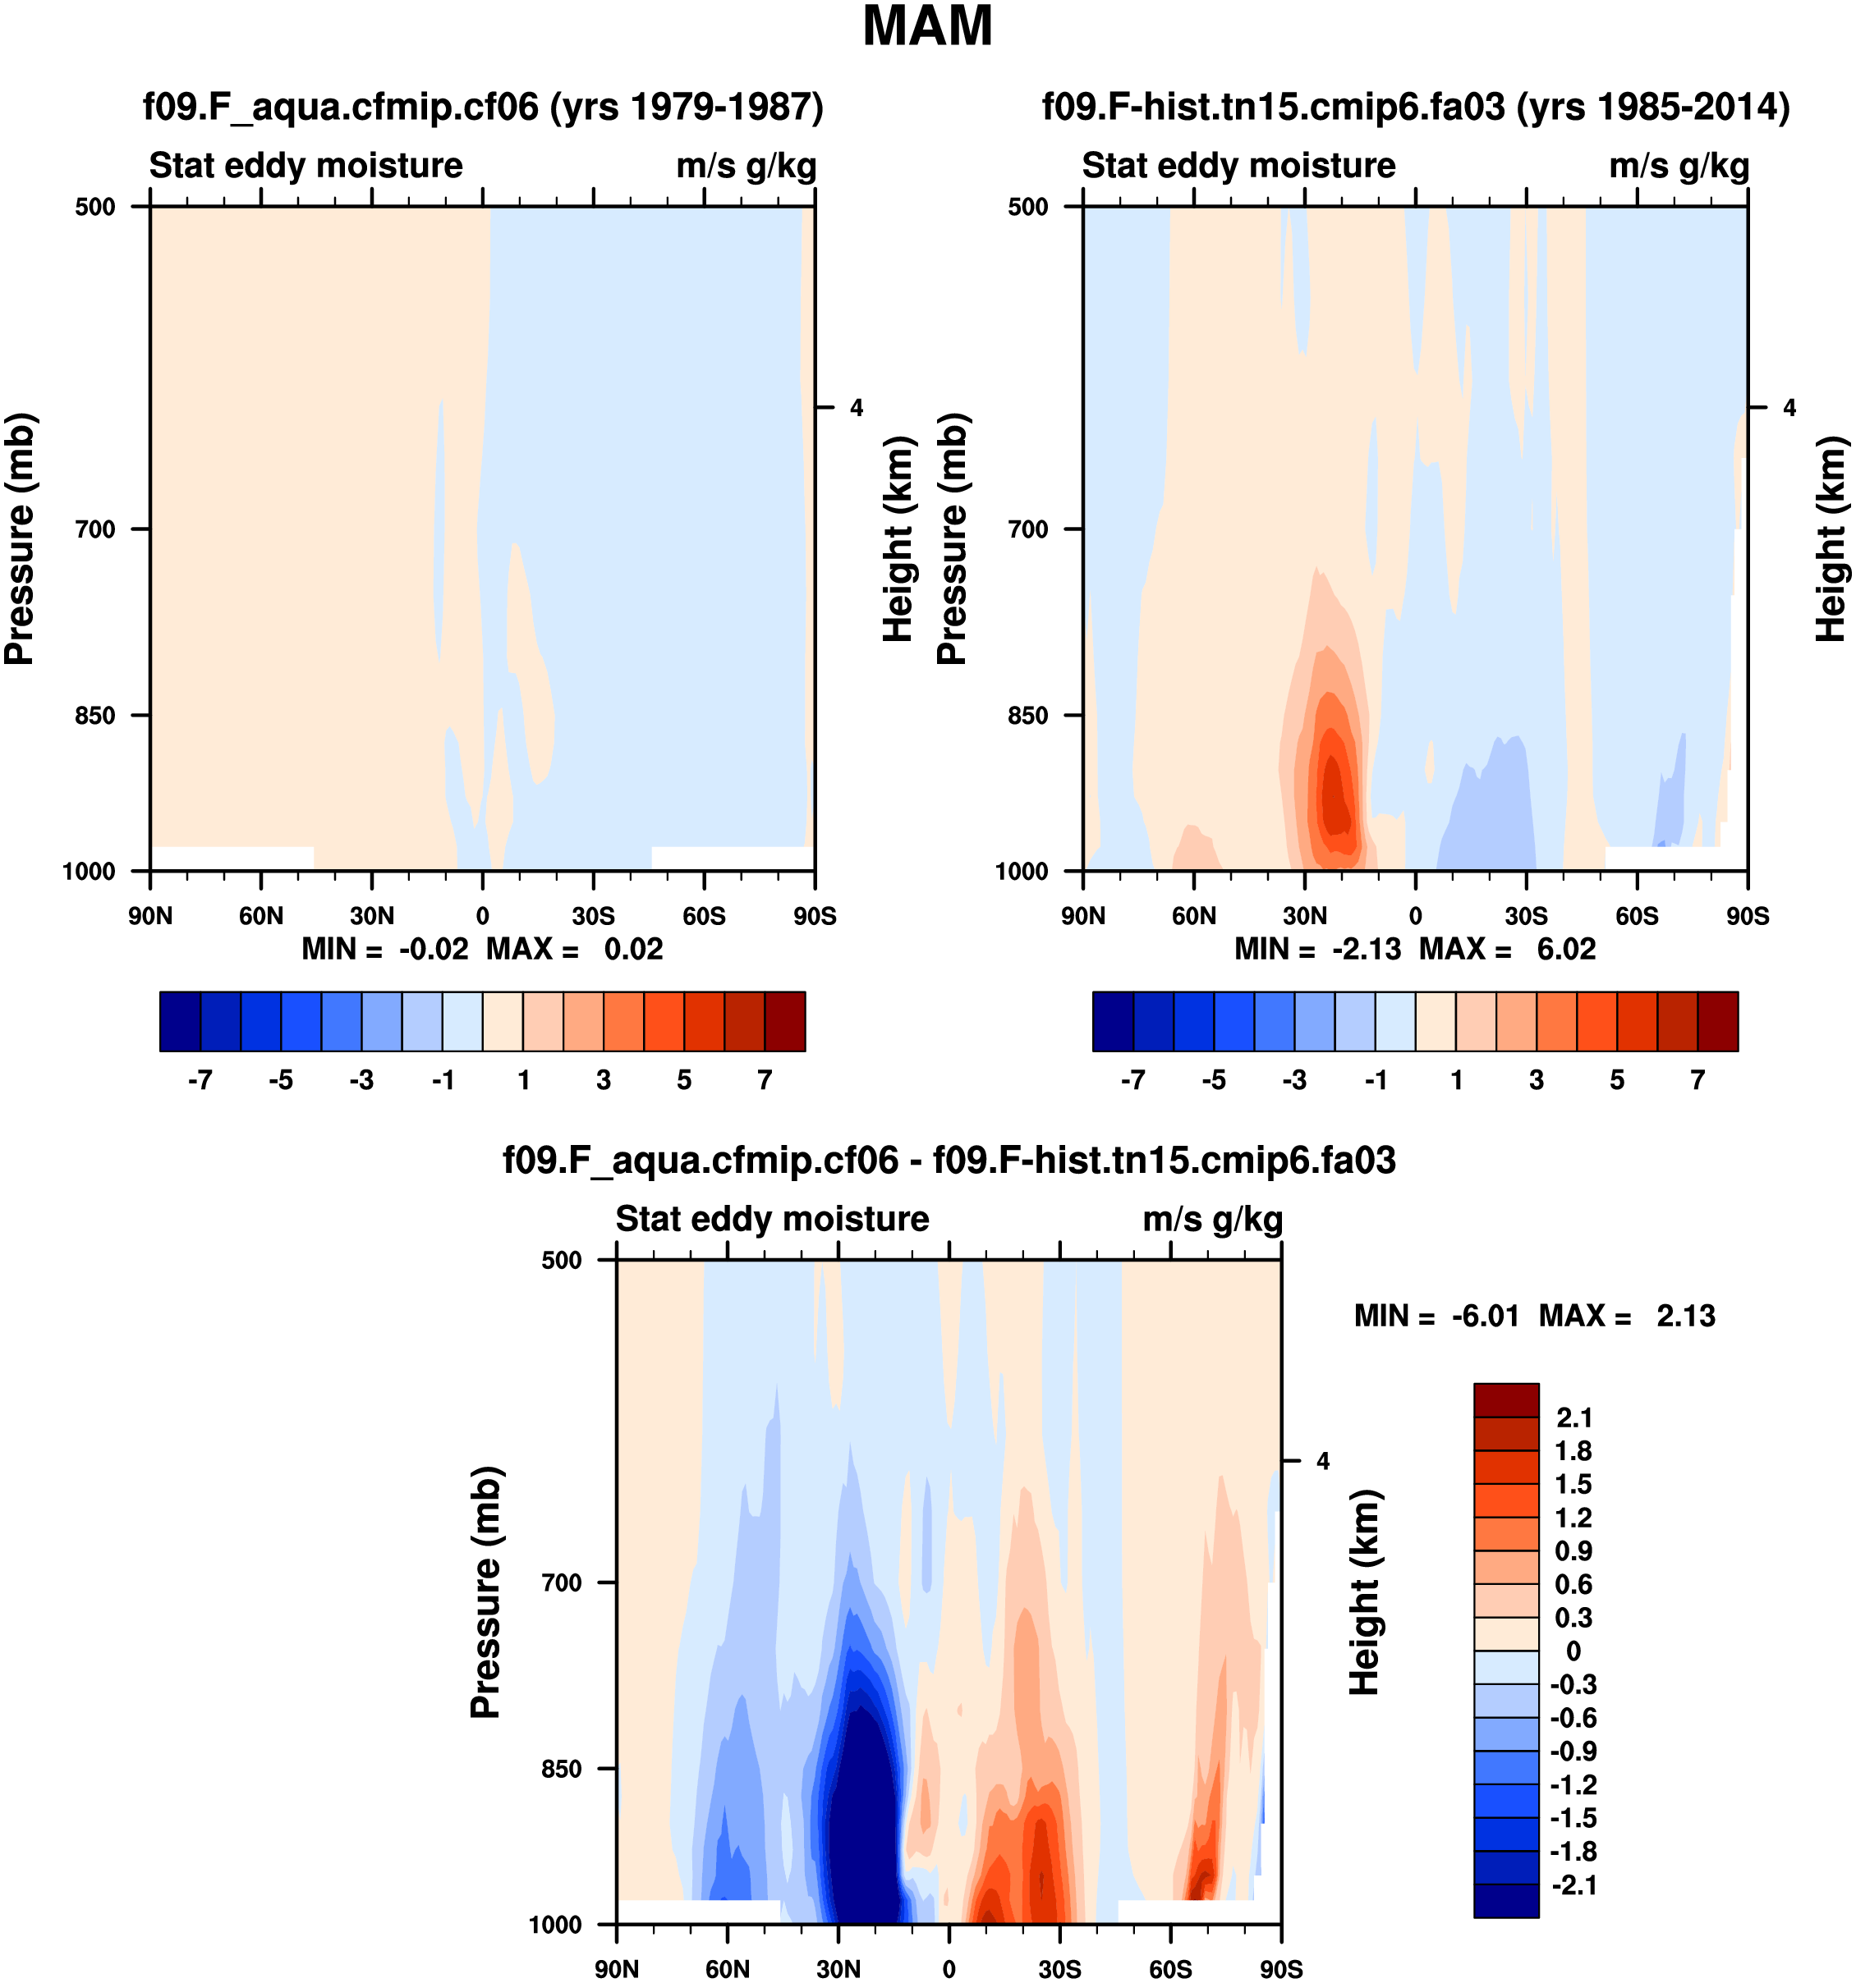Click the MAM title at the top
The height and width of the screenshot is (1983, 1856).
(927, 27)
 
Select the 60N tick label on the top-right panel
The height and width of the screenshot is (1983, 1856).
(1194, 917)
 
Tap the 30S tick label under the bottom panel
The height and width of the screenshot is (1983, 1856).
(1059, 1969)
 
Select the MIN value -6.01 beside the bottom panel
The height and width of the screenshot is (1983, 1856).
(1485, 1317)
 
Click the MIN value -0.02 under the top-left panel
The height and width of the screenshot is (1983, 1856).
(433, 950)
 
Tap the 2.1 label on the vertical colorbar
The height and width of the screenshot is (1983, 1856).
(1573, 1418)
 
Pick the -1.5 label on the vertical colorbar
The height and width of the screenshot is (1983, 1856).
(1573, 1818)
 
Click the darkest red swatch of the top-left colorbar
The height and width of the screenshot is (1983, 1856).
(784, 1021)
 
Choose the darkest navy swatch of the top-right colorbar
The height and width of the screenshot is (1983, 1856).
(1113, 1021)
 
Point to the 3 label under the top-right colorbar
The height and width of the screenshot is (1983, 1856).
(1537, 1081)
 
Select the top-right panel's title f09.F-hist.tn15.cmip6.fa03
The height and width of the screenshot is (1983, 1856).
(1415, 107)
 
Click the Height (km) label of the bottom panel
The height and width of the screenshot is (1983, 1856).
(1365, 1592)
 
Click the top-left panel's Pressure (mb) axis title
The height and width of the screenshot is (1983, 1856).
(20, 538)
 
